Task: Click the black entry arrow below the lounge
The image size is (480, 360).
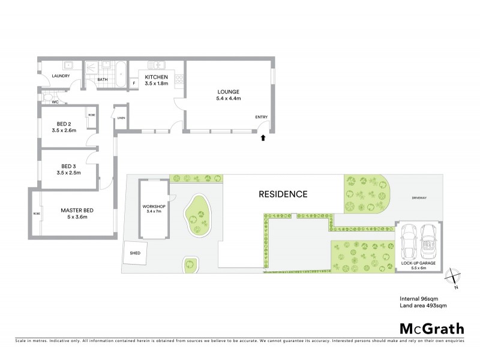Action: (x=262, y=138)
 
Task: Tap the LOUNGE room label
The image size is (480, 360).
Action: (x=229, y=95)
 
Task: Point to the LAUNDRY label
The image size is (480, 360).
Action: (x=61, y=76)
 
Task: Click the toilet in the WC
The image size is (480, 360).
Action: (x=47, y=96)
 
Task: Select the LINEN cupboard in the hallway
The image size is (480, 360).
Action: (x=121, y=118)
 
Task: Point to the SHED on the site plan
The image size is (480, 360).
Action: (x=134, y=253)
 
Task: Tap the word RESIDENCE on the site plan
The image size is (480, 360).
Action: (x=283, y=194)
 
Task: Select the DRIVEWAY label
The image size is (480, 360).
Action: (x=419, y=197)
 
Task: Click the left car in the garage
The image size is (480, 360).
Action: (x=410, y=240)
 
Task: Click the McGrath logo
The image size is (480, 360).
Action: (x=431, y=328)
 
